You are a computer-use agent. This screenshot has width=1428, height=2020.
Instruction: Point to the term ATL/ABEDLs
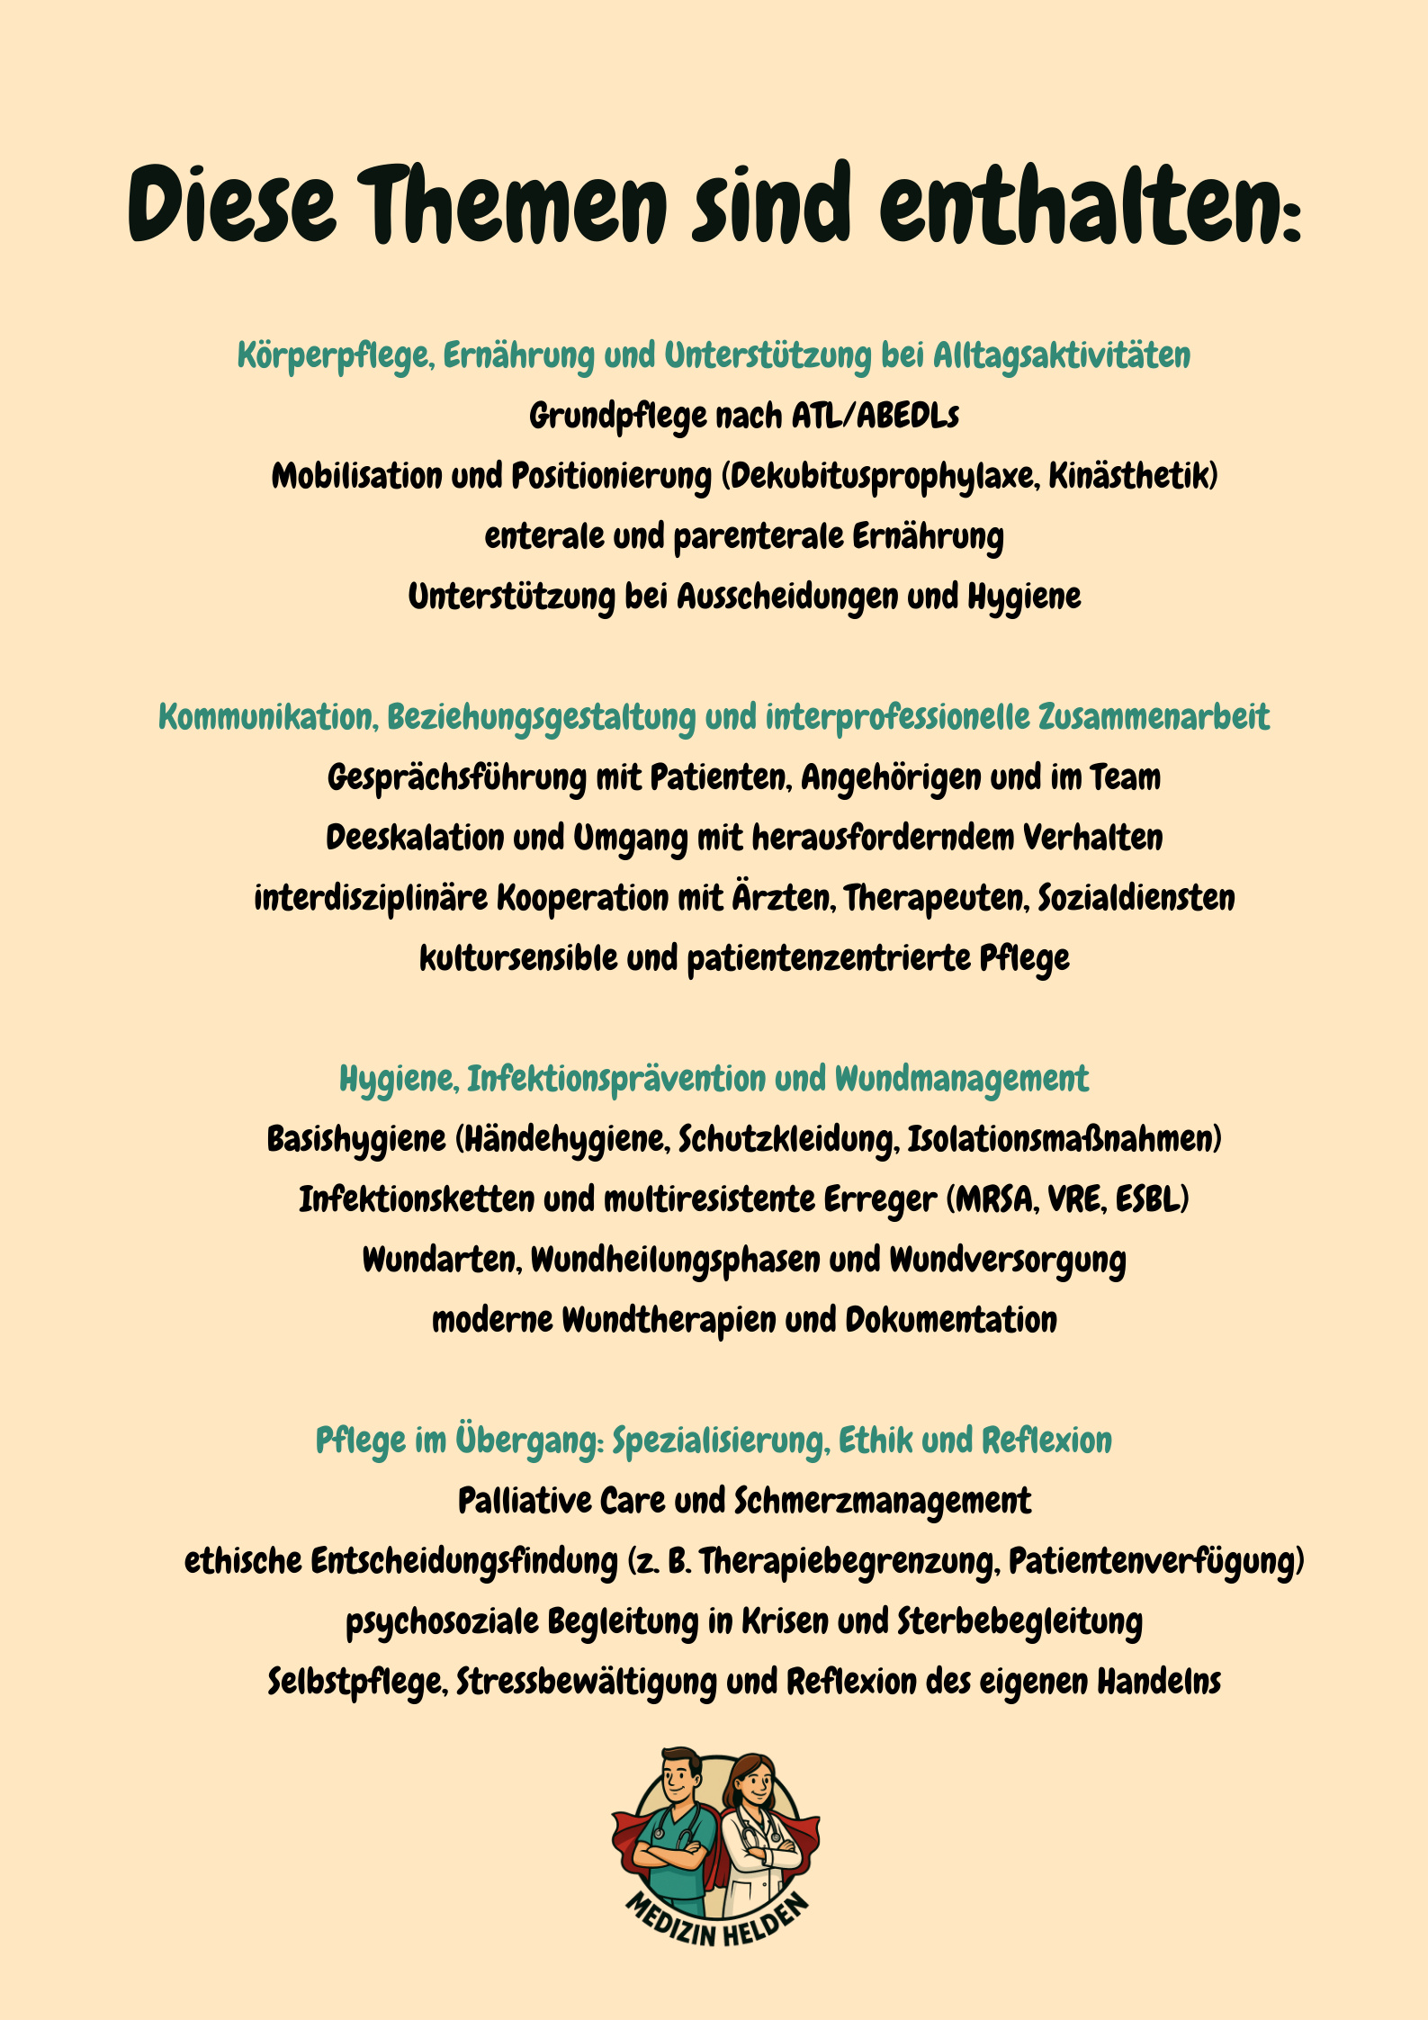click(x=876, y=417)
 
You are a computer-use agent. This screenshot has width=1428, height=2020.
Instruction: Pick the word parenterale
click(x=758, y=537)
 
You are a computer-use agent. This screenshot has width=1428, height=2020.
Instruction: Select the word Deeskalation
click(x=414, y=839)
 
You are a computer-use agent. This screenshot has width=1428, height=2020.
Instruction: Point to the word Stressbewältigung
click(x=586, y=1683)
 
